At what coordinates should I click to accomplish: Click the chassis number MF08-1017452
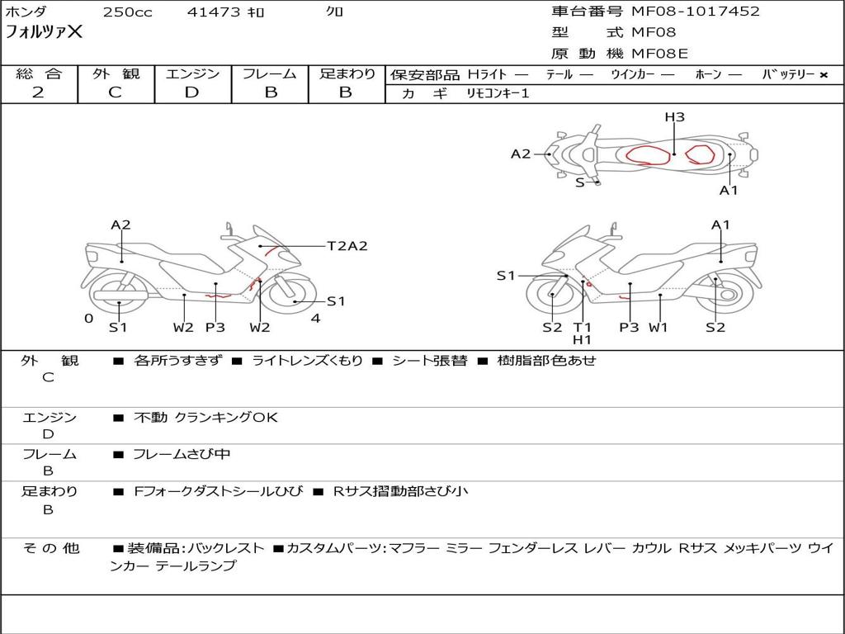(x=695, y=12)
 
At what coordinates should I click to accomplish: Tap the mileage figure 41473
(x=214, y=12)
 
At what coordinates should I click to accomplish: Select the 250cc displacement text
(x=128, y=12)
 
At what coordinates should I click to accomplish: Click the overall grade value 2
(x=38, y=92)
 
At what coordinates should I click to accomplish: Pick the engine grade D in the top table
(x=191, y=92)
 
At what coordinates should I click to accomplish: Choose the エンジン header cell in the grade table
(x=192, y=73)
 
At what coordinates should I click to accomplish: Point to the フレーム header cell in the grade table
(x=270, y=73)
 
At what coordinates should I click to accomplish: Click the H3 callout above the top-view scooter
(x=674, y=117)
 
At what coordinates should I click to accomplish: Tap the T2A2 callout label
(x=347, y=246)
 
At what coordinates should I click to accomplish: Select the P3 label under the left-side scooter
(x=215, y=327)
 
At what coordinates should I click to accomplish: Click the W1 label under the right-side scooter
(x=658, y=327)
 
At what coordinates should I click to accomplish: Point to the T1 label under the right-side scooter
(x=582, y=327)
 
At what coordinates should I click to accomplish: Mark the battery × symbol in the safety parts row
(x=824, y=75)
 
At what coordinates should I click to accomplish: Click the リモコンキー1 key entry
(x=498, y=93)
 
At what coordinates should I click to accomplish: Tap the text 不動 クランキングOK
(x=205, y=417)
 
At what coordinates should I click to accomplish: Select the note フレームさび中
(x=182, y=455)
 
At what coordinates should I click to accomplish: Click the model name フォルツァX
(x=45, y=32)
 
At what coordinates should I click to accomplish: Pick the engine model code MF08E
(x=659, y=54)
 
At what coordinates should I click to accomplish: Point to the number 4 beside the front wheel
(x=316, y=319)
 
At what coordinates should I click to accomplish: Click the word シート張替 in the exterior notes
(x=429, y=361)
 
